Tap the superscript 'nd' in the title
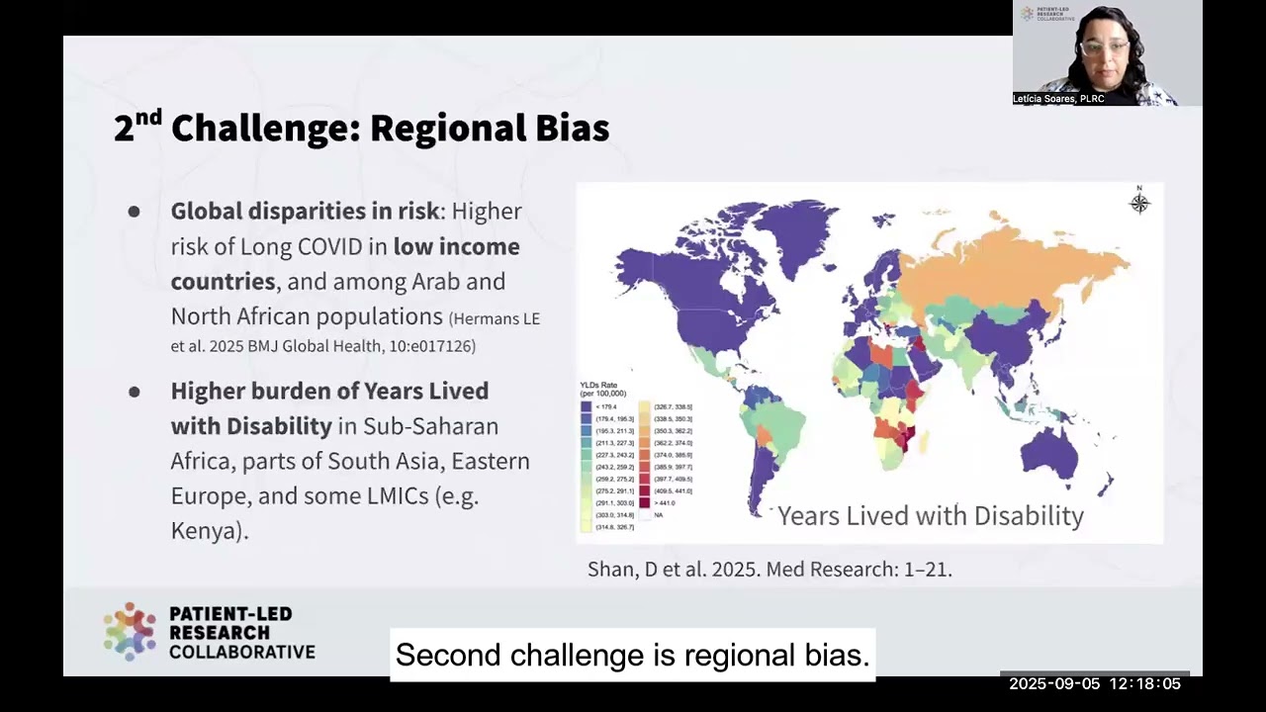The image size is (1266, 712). [x=147, y=117]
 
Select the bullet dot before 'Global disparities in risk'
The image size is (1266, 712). [x=134, y=212]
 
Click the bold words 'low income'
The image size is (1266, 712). [x=456, y=246]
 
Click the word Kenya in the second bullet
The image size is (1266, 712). [x=206, y=531]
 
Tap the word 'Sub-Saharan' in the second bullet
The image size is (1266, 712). [x=430, y=426]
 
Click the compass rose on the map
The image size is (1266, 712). [x=1139, y=203]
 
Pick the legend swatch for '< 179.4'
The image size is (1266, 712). [x=587, y=406]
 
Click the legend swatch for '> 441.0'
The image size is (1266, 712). [x=644, y=502]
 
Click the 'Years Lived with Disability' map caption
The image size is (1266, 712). [x=930, y=516]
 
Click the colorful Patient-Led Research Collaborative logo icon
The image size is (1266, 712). [x=130, y=632]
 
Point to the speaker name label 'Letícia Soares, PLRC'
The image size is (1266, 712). [x=1058, y=99]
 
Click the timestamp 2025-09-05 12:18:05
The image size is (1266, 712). [x=1094, y=683]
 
